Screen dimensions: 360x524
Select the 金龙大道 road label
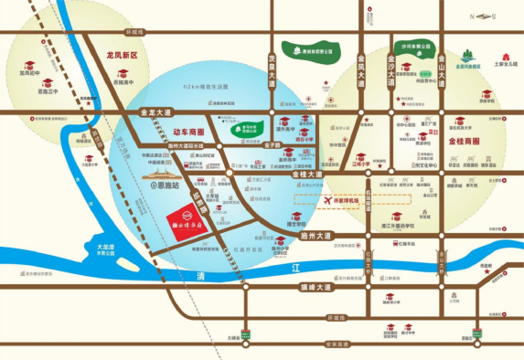156,112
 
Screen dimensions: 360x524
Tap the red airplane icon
326,199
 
